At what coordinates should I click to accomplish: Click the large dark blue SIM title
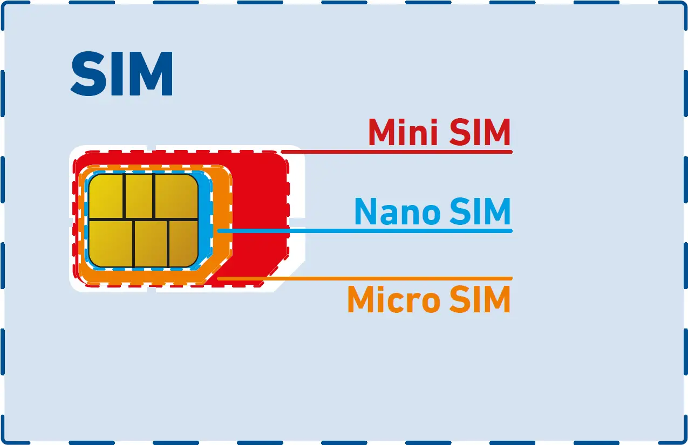pos(122,74)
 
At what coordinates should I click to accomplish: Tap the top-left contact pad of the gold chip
pos(106,196)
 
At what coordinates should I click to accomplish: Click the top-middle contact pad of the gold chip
pos(139,196)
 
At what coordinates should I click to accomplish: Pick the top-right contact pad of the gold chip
pos(176,196)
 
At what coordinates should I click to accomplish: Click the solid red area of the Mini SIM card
pos(259,216)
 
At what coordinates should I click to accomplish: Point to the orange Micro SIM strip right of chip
pos(222,216)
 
